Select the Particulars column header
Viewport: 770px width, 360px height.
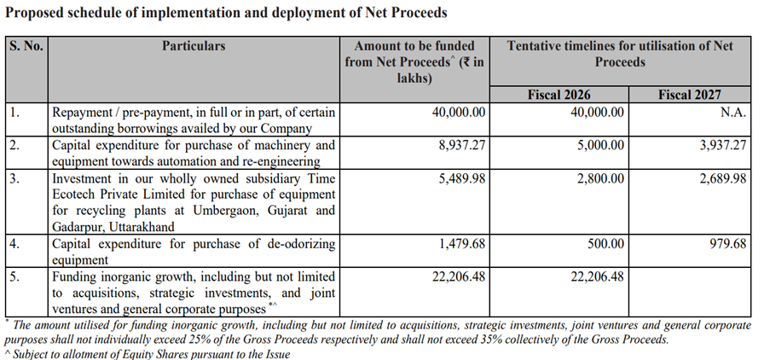[194, 45]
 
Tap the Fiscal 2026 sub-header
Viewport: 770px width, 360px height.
[559, 95]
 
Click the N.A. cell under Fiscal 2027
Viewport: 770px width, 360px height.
[732, 112]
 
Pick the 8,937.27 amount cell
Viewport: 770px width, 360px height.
[460, 145]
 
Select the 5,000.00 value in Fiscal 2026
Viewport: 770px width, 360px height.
[599, 145]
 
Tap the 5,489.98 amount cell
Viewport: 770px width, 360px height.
[460, 178]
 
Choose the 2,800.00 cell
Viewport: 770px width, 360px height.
[599, 178]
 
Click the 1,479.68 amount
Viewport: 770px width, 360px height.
[460, 244]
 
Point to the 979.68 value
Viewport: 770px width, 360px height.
[727, 244]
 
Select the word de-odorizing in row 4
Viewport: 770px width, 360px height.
[285, 244]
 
